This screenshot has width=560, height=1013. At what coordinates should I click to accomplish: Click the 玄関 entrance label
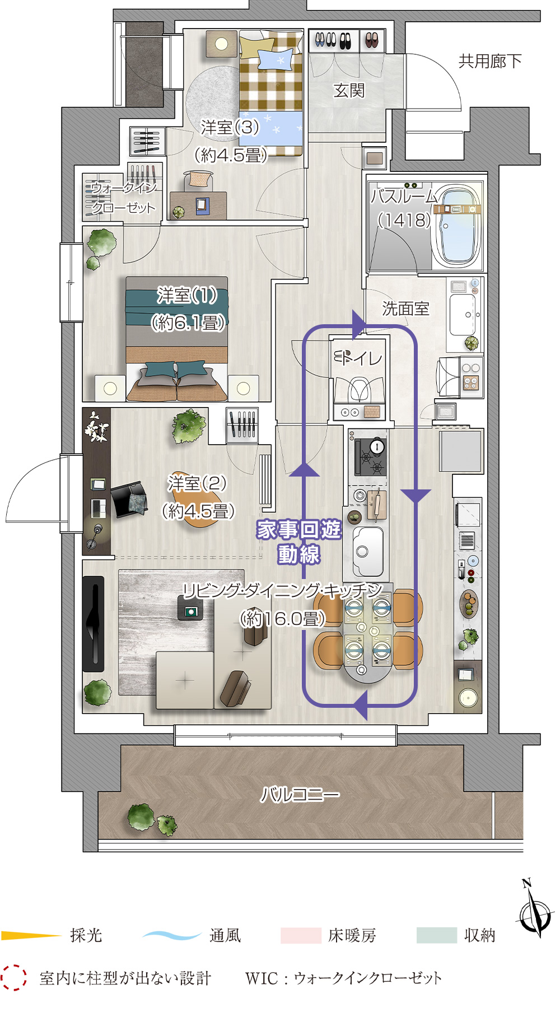[349, 90]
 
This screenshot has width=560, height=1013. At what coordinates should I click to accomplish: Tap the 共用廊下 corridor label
[490, 61]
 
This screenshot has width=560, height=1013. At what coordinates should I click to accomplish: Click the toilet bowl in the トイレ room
[358, 389]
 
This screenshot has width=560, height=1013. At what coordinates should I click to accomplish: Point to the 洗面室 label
[405, 308]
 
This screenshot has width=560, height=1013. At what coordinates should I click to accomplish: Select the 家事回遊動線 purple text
[299, 541]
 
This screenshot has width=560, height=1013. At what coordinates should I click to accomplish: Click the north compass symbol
[535, 911]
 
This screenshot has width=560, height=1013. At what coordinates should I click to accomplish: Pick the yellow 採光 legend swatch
[31, 935]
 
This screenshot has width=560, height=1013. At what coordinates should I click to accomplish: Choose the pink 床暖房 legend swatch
[301, 935]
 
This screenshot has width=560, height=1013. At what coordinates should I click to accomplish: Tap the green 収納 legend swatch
[437, 935]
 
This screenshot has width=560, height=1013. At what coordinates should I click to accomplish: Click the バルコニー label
[300, 794]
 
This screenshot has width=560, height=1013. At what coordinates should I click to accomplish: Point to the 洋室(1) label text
[188, 295]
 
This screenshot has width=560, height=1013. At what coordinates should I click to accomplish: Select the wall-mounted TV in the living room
[94, 624]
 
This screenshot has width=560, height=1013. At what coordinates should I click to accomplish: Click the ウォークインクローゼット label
[123, 198]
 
